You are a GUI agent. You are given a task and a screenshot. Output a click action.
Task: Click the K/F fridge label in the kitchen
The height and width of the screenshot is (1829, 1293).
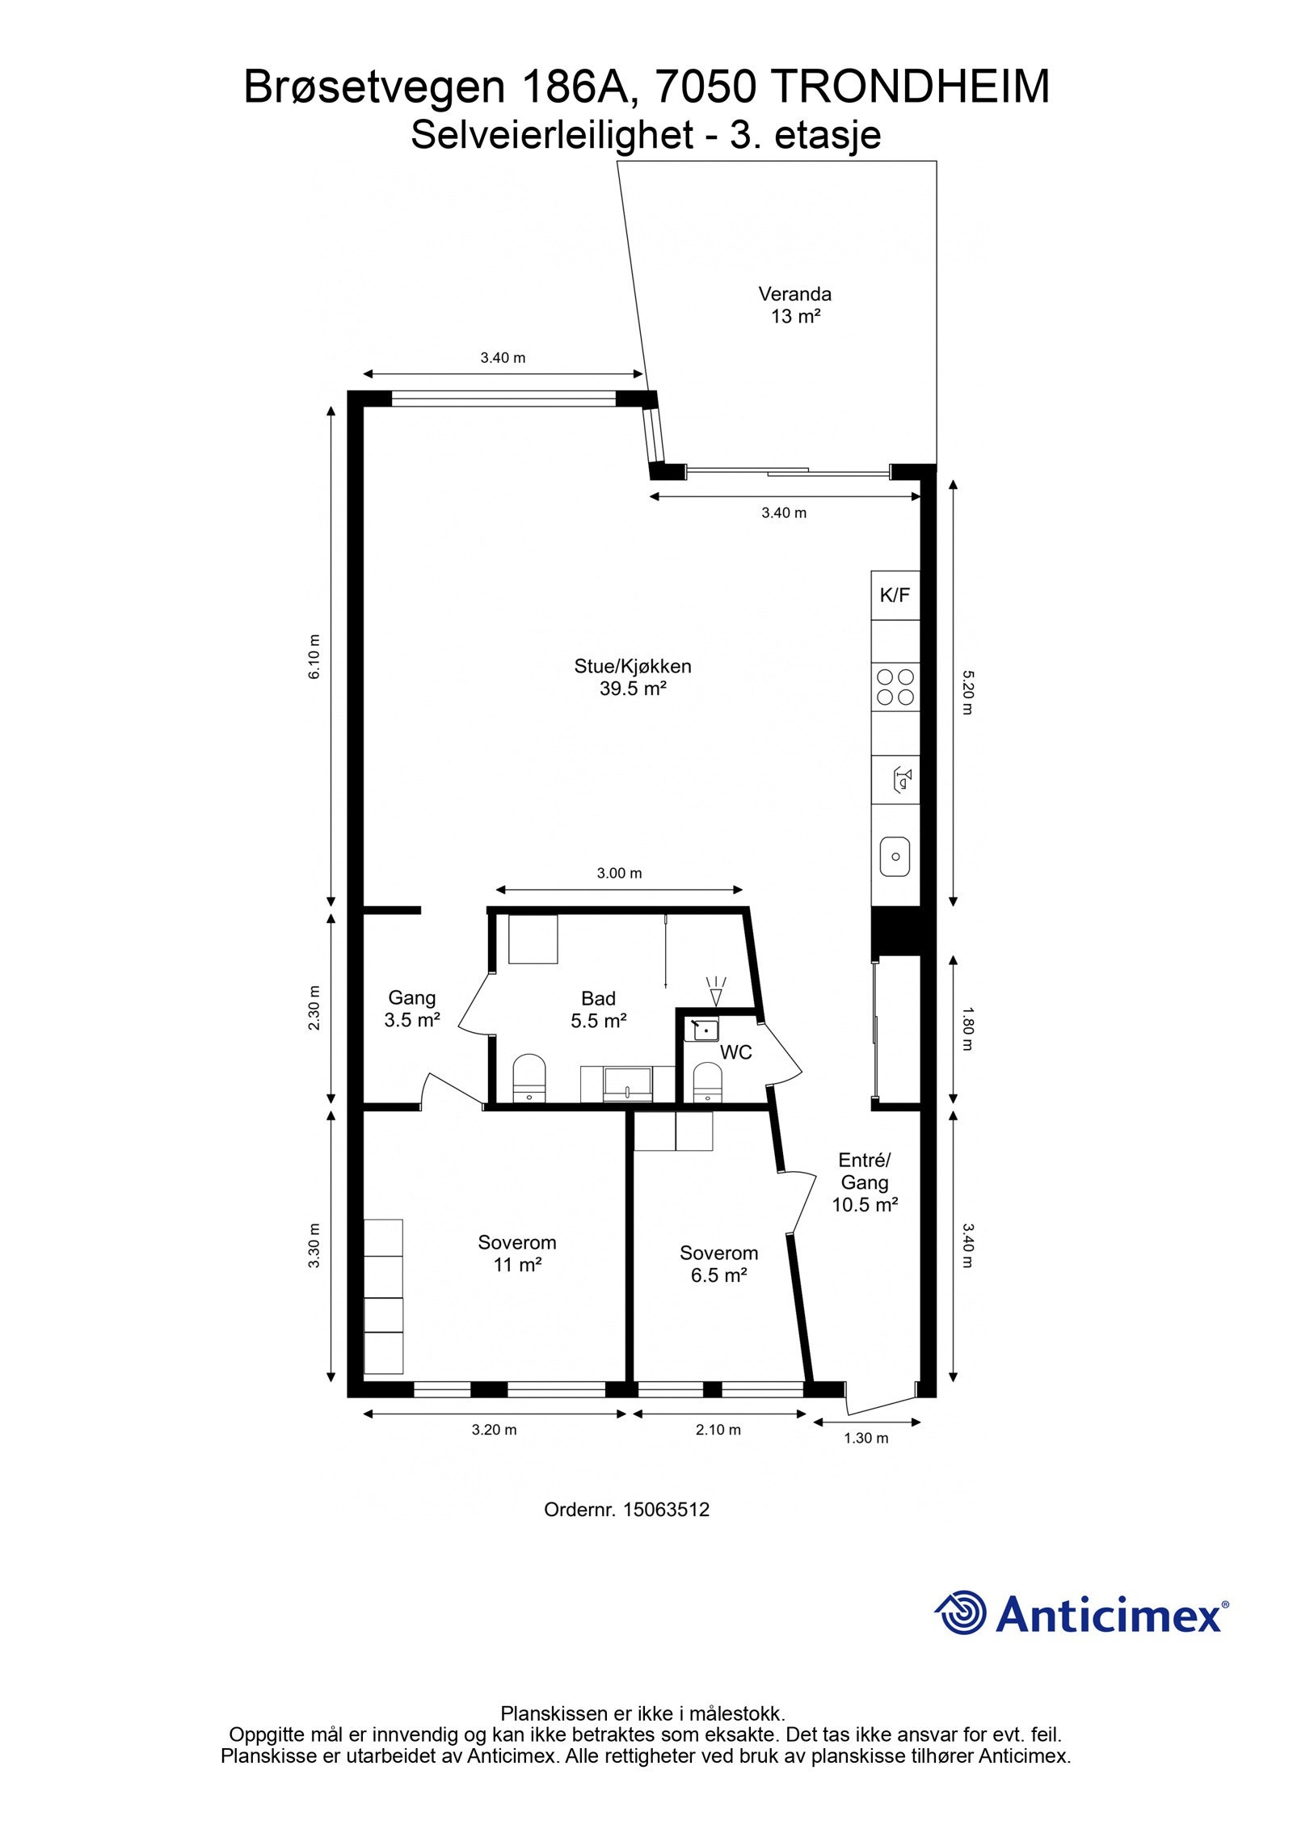coord(895,596)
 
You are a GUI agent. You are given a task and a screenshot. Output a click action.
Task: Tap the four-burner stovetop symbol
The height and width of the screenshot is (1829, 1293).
coord(895,687)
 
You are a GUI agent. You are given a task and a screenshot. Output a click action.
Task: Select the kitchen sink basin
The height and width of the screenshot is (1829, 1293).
coord(895,856)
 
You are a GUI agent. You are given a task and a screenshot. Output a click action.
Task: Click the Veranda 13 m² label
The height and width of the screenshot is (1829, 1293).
coord(795,305)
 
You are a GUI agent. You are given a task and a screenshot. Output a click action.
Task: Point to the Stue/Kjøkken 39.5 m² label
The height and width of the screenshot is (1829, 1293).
coord(633,677)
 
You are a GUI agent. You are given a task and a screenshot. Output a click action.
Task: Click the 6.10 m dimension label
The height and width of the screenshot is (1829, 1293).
coord(314,657)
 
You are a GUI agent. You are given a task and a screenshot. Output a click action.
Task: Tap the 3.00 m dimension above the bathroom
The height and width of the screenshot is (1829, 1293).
coord(619,873)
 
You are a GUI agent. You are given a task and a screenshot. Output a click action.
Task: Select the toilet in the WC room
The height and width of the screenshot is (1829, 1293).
coord(707,1082)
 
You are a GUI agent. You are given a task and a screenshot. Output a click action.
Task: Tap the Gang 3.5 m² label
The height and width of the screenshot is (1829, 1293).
coord(412,1009)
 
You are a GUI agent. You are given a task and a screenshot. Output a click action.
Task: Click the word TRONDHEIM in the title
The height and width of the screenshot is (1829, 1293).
coord(911,86)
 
